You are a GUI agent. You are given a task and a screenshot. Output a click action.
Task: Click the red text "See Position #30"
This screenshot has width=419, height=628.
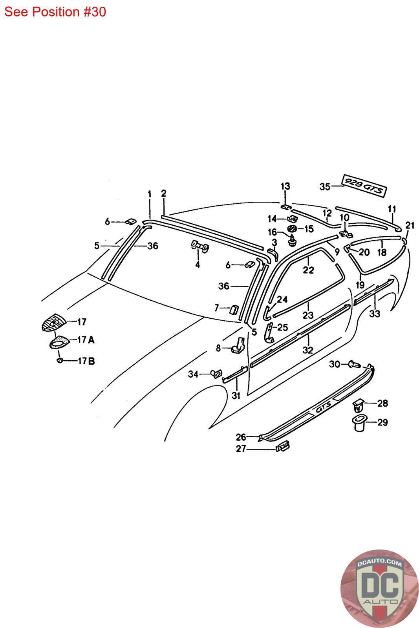(55, 12)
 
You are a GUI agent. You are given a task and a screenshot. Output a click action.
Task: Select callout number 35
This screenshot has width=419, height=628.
(325, 186)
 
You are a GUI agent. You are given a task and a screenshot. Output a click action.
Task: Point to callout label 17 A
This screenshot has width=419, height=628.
(86, 340)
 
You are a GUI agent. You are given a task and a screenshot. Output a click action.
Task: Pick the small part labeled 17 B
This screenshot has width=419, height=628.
(59, 360)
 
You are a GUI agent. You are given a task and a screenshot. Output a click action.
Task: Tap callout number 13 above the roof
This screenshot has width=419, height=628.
(285, 186)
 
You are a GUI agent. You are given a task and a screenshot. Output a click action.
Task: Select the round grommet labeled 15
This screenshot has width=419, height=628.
(292, 229)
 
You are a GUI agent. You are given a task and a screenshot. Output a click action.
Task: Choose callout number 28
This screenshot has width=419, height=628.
(382, 403)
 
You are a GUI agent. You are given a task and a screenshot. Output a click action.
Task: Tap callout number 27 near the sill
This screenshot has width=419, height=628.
(241, 449)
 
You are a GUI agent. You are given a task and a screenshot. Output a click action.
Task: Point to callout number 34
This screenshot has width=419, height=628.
(193, 374)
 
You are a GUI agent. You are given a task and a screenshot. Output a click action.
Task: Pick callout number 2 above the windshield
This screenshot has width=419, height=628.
(163, 193)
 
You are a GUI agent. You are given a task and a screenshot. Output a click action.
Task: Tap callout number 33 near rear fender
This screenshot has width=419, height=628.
(375, 314)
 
